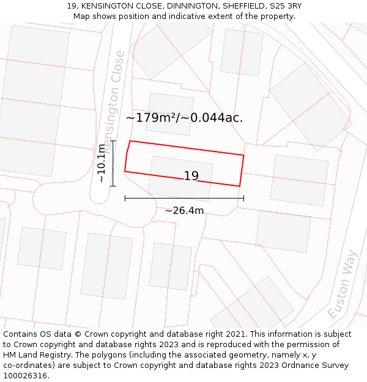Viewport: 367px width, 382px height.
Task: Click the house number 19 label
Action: coord(191,176)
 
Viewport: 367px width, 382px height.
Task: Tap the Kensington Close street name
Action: coord(114,101)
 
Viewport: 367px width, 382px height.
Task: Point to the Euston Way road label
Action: coord(341,284)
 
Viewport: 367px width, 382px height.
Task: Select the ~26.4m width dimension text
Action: coord(184,211)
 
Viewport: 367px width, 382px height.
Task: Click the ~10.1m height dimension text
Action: coord(102,163)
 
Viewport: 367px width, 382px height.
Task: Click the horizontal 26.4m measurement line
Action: coord(184,198)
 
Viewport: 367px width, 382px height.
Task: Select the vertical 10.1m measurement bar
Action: coord(113,163)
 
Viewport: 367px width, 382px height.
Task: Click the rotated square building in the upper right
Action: coord(310,107)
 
